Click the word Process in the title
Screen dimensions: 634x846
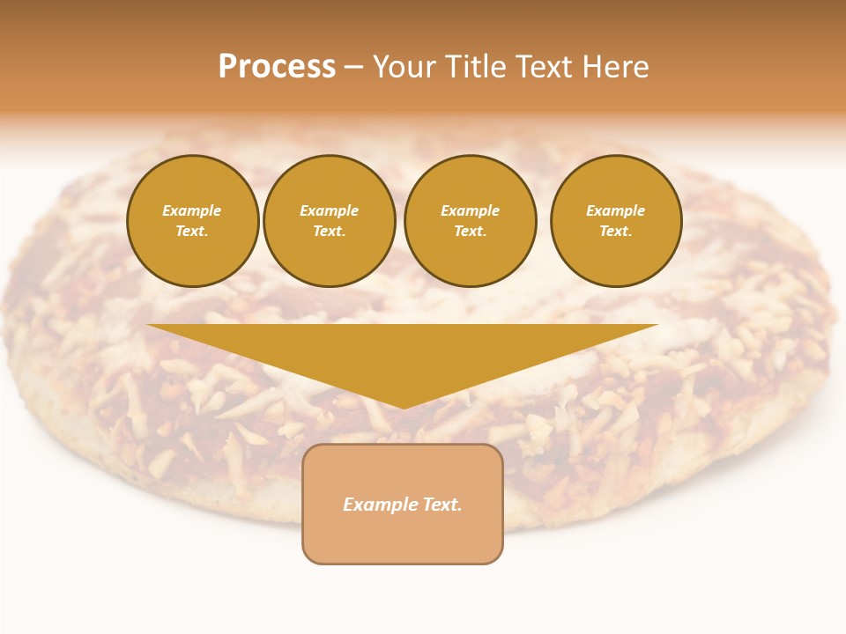tap(277, 67)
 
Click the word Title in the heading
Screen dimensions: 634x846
tap(475, 67)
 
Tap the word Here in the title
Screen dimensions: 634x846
tap(615, 67)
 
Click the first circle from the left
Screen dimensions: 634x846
tap(192, 221)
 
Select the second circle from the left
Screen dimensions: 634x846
tap(329, 221)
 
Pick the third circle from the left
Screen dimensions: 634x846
tap(470, 221)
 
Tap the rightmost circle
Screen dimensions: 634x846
tap(615, 221)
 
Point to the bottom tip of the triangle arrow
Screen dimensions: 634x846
tap(404, 408)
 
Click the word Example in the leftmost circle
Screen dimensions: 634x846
tap(191, 210)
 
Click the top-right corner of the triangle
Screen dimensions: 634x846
tap(657, 325)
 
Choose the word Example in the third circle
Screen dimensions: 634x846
tap(470, 210)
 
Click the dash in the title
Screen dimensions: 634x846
tap(353, 67)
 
